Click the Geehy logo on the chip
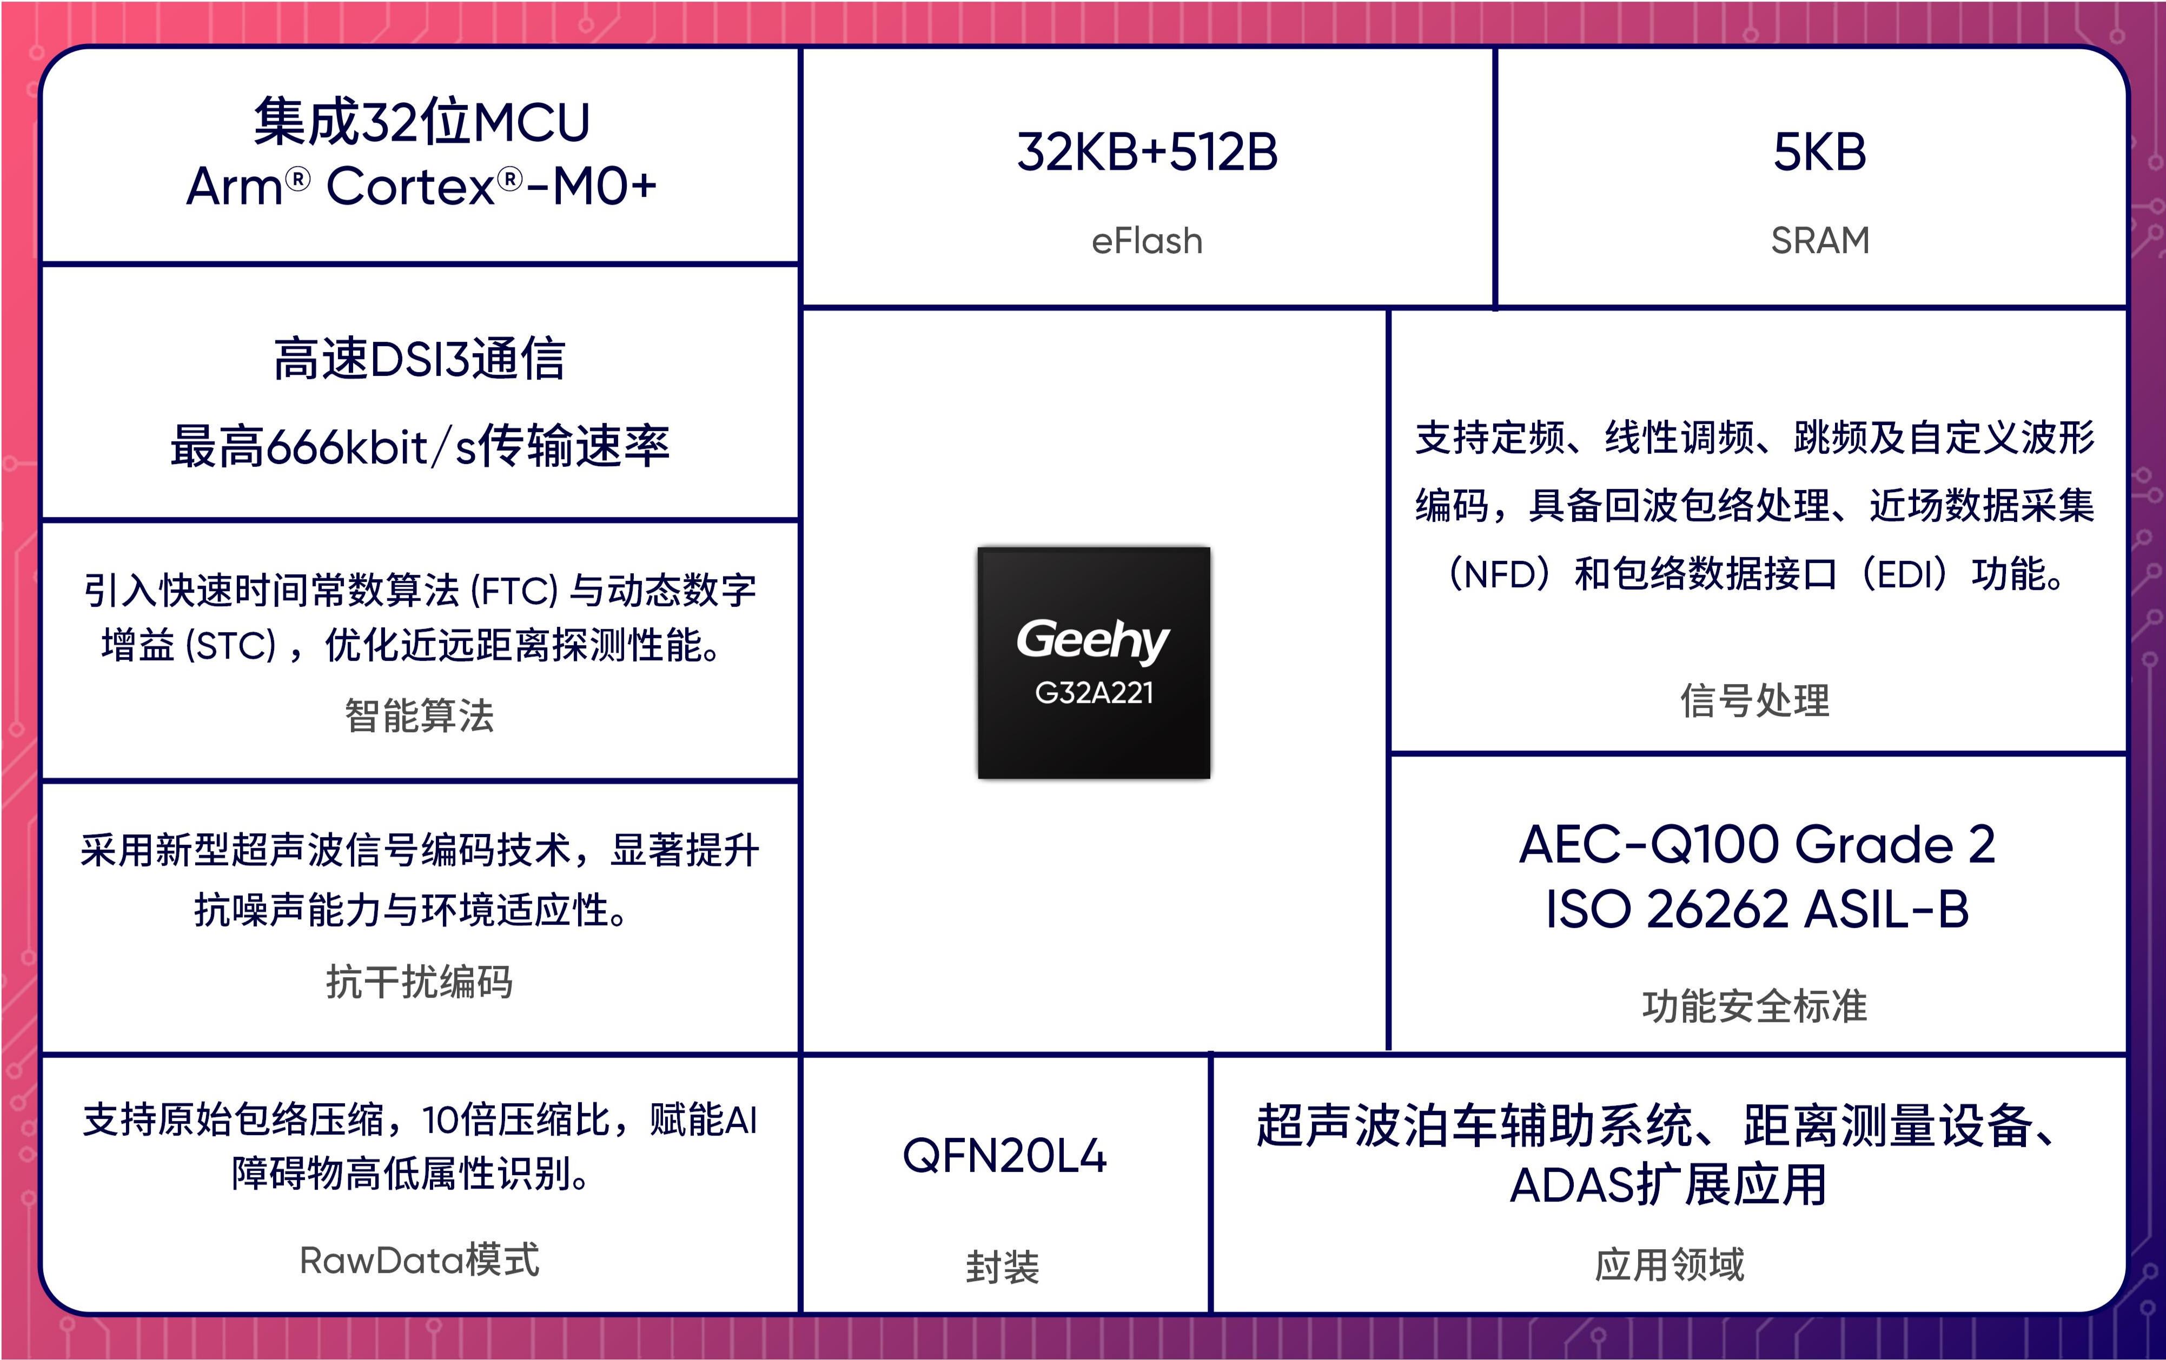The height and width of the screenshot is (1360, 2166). [x=1093, y=641]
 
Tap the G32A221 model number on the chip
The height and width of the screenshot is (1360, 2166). [x=1094, y=693]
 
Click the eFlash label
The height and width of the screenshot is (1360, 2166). [x=1147, y=241]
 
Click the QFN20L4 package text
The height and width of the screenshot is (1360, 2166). [x=1004, y=1156]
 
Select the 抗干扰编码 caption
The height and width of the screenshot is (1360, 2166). [x=419, y=981]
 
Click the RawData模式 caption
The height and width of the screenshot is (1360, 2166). [x=419, y=1260]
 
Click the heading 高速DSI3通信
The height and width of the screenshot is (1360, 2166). [x=419, y=359]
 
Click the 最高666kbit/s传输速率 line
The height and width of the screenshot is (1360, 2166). [x=420, y=446]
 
